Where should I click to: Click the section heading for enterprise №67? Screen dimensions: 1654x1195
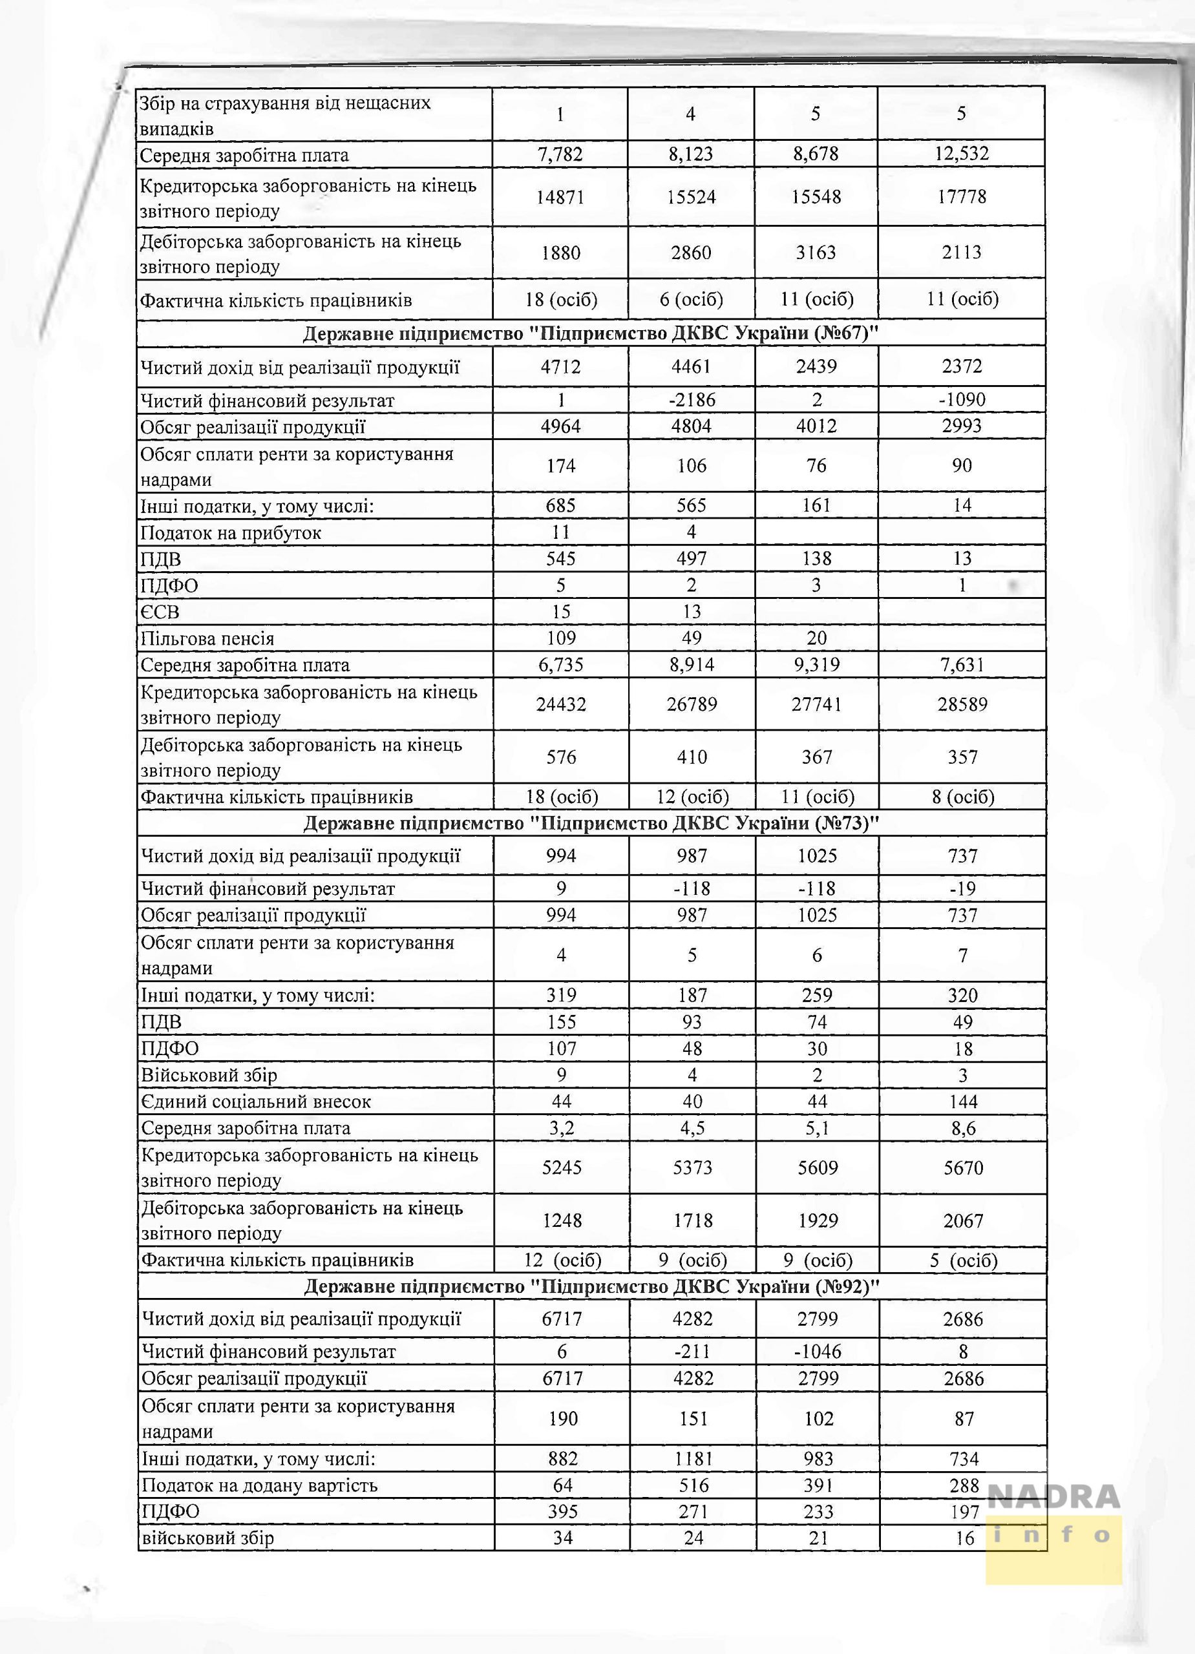[590, 333]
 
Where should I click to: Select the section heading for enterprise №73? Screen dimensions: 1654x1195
[591, 823]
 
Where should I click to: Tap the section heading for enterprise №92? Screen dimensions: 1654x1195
[591, 1286]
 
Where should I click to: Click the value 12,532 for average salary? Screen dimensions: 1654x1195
[962, 154]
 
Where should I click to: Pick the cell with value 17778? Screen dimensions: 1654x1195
[962, 197]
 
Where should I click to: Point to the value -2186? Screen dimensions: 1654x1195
[691, 400]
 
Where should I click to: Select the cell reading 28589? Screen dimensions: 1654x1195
[962, 704]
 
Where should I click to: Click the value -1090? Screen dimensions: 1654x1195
[962, 400]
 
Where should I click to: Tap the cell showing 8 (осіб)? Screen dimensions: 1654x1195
[962, 797]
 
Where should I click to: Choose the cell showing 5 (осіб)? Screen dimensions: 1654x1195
[963, 1260]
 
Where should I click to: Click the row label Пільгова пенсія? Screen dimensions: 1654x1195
[207, 639]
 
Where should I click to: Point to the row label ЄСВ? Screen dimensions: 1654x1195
[160, 612]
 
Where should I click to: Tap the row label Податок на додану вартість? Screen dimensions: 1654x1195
[260, 1485]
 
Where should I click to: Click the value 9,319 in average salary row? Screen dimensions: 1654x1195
[816, 665]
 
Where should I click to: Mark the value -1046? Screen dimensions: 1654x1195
[818, 1352]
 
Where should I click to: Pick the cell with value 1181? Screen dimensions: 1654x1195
[692, 1458]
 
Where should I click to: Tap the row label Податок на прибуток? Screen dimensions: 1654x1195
[231, 532]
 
